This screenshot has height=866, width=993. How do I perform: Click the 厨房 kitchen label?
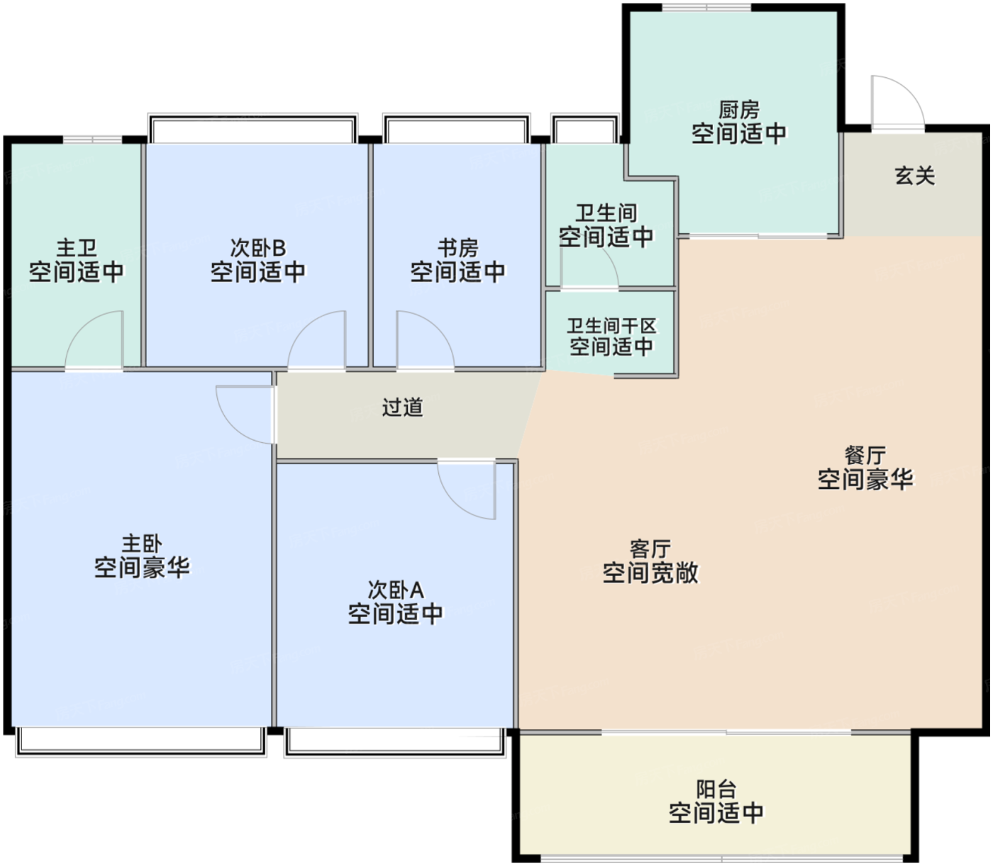click(738, 110)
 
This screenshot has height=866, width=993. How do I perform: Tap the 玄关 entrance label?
click(915, 176)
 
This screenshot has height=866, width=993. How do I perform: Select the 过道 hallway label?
click(402, 407)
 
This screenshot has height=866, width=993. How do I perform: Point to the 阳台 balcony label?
click(716, 789)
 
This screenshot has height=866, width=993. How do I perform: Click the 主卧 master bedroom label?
click(142, 544)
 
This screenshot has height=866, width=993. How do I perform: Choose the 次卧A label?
click(396, 590)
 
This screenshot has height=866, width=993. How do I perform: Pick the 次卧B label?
click(257, 248)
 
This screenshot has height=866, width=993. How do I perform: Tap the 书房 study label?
click(457, 248)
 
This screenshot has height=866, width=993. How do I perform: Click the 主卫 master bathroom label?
click(76, 248)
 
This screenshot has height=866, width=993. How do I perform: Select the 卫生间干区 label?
click(611, 326)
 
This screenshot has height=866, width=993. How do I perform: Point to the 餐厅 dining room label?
click(865, 456)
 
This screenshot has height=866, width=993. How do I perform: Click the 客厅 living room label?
click(650, 549)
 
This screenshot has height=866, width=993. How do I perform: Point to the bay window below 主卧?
click(140, 741)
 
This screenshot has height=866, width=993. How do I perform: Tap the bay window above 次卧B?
click(253, 128)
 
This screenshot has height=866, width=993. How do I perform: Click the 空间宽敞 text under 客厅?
click(650, 572)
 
